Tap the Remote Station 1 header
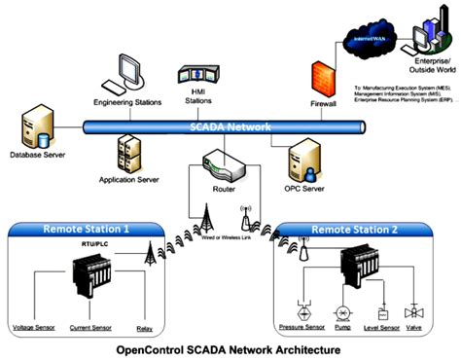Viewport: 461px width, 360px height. [x=86, y=230]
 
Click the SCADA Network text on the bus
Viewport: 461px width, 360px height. [x=220, y=126]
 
